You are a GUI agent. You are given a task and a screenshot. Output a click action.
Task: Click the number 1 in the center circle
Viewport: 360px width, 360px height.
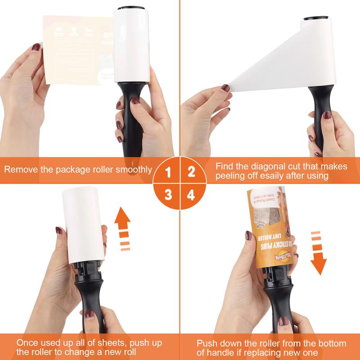[x=168, y=171]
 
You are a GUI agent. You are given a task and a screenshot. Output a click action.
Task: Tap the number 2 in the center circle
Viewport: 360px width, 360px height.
[x=191, y=171]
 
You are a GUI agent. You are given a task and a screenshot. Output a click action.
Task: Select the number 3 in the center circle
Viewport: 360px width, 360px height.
[x=168, y=194]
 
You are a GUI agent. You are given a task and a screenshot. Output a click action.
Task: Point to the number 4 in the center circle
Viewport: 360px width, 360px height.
[x=191, y=195]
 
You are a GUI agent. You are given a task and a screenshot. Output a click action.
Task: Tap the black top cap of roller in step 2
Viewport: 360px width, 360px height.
[x=318, y=19]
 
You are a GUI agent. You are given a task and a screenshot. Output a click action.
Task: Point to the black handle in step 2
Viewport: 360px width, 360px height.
[x=320, y=117]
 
